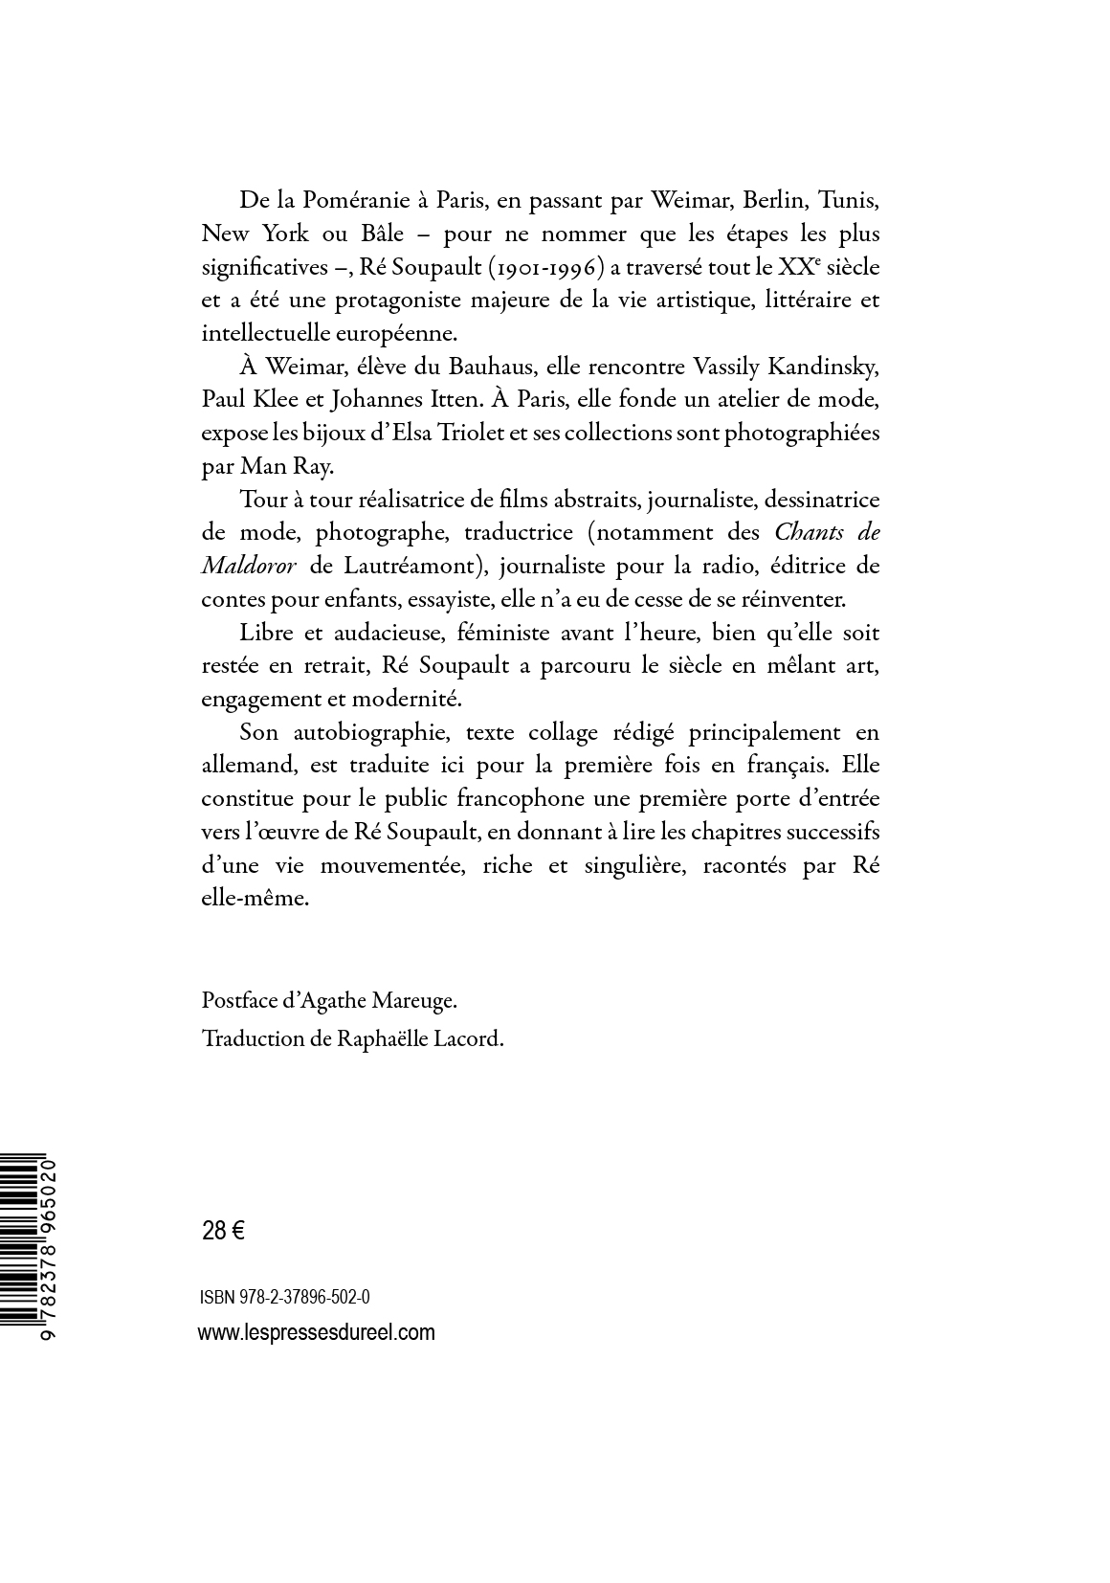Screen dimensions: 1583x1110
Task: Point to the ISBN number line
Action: pyautogui.click(x=285, y=1297)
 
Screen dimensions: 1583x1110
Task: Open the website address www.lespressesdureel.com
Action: pyautogui.click(x=316, y=1332)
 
